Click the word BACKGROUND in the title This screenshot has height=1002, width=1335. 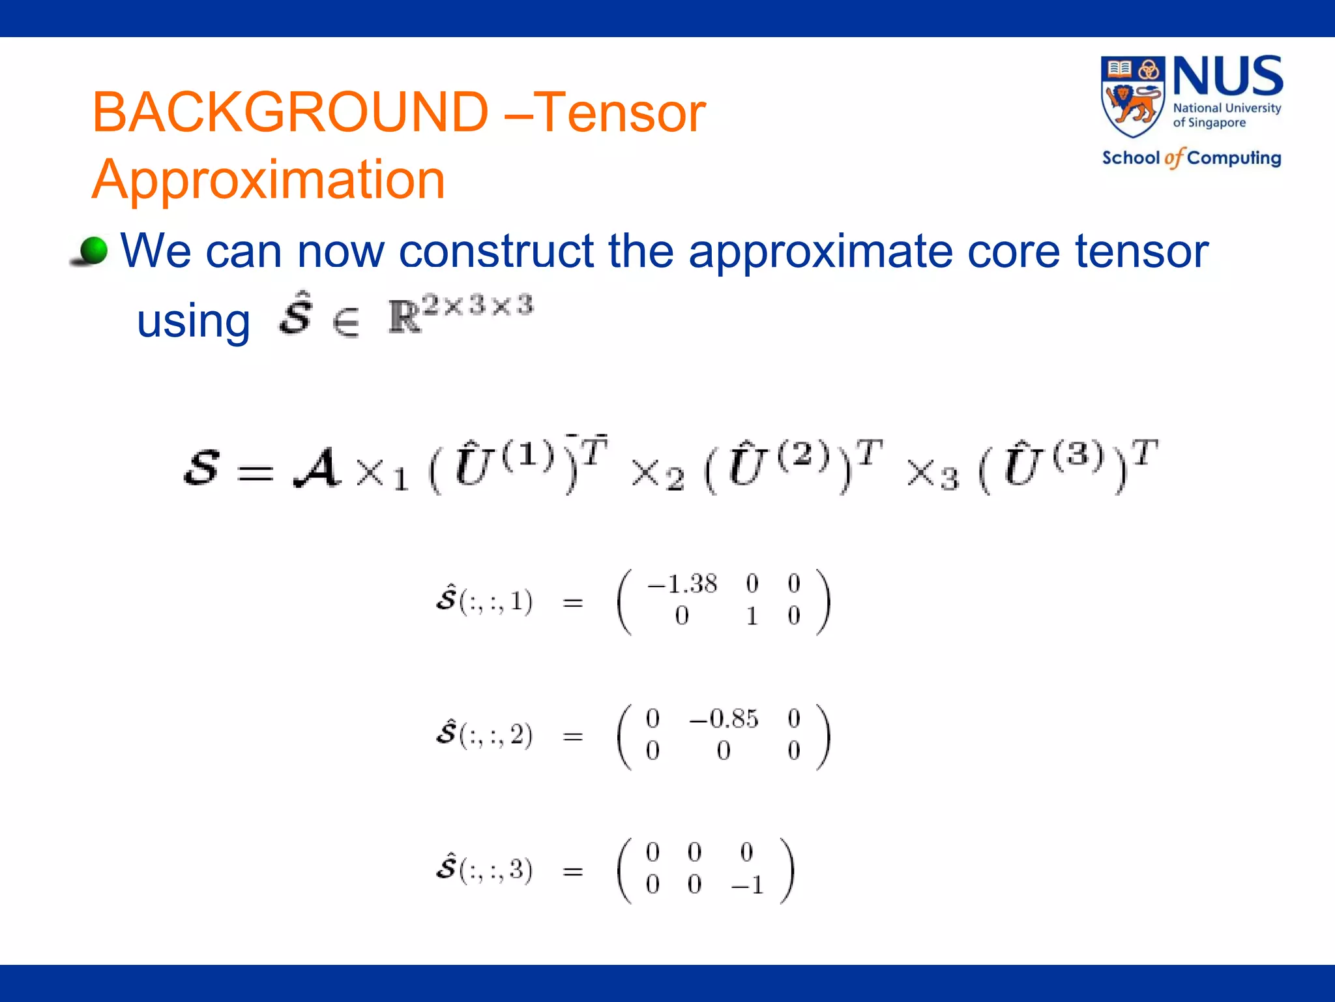pos(290,112)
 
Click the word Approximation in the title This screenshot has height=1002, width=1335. pos(269,179)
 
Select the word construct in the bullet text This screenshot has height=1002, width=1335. pos(497,251)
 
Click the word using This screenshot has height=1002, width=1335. pos(194,322)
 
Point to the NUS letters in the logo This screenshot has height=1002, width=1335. pos(1227,76)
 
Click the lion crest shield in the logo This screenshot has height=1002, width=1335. pos(1132,96)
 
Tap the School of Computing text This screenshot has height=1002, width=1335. pos(1191,158)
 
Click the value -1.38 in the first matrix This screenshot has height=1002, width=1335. pos(682,584)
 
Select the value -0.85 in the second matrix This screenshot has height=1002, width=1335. pos(724,719)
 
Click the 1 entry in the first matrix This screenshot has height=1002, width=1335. pos(752,616)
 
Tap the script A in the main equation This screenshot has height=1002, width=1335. pos(317,468)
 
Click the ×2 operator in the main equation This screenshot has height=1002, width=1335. pos(657,474)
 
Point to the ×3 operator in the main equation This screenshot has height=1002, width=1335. pos(933,474)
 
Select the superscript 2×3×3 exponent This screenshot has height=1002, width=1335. pos(478,305)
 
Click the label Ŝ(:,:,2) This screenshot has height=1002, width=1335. pos(484,735)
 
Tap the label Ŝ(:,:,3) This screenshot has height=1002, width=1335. pos(484,869)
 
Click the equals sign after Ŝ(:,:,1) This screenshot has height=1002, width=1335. pos(572,603)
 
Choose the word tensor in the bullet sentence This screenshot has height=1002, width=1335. pos(1141,251)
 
